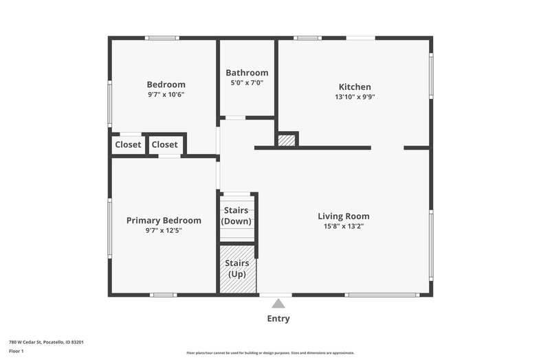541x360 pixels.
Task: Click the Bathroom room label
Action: pos(247,73)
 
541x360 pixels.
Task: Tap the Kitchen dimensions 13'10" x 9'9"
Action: pos(355,97)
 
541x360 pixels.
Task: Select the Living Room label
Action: pos(344,216)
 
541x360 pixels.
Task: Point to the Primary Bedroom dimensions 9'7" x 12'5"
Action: pos(164,230)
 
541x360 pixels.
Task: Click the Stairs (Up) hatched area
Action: pos(238,269)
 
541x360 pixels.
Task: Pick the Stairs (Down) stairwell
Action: pos(237,218)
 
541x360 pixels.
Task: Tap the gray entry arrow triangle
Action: pos(278,304)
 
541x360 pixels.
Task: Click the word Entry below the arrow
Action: pos(278,319)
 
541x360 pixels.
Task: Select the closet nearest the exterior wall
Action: pos(128,144)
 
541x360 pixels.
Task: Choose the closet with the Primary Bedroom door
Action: pos(165,144)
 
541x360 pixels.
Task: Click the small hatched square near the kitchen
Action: pos(287,140)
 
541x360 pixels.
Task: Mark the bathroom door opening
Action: pos(235,118)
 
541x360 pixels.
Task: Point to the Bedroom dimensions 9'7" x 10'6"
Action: pos(166,95)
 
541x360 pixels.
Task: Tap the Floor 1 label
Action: pos(16,351)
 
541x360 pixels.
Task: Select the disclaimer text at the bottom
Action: pos(271,352)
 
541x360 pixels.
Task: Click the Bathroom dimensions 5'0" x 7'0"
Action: pos(247,82)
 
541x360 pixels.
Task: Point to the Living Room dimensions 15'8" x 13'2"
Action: pos(344,226)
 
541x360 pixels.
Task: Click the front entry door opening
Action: pos(276,295)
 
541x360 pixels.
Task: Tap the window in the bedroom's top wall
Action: pos(162,38)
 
